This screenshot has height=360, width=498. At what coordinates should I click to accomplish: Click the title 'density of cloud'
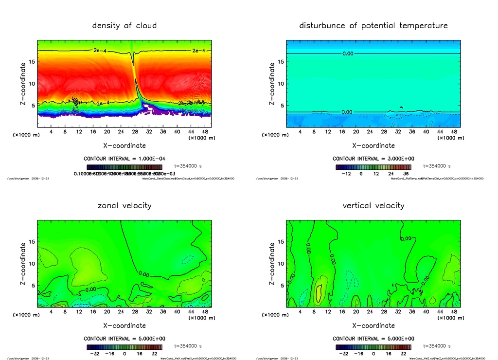click(x=124, y=25)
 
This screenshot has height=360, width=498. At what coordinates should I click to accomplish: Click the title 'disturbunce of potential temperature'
click(x=373, y=25)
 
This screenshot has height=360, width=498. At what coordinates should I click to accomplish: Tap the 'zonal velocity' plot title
click(x=124, y=205)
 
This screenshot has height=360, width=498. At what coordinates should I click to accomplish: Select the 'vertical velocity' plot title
click(x=373, y=205)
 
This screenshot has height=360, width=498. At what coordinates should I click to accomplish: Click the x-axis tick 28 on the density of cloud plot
click(x=134, y=131)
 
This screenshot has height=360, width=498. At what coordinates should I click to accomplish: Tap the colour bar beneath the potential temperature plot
click(x=373, y=167)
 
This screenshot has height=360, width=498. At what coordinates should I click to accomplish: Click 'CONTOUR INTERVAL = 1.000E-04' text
click(x=124, y=159)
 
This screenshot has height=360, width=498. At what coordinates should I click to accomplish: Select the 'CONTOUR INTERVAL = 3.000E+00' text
click(x=373, y=159)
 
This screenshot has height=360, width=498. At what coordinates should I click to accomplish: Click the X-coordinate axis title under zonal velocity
click(x=124, y=325)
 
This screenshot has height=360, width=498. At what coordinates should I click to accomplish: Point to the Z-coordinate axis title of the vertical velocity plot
click(x=271, y=264)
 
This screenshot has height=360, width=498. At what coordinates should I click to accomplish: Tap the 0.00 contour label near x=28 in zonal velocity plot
click(x=143, y=274)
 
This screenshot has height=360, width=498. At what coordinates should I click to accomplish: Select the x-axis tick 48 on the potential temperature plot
click(x=453, y=131)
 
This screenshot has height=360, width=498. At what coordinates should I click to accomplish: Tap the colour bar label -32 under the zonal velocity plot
click(x=95, y=354)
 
